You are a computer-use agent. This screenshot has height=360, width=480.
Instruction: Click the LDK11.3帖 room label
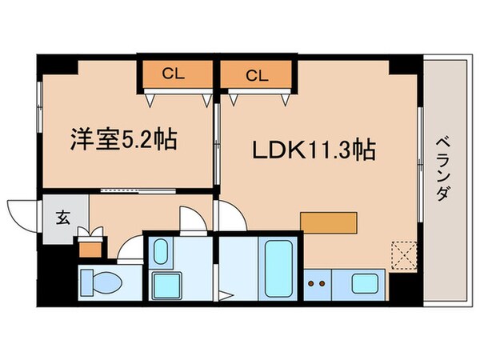[315, 150]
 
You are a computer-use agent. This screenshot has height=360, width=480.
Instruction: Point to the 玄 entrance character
[62, 216]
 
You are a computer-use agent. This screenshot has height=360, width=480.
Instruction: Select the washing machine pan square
[166, 284]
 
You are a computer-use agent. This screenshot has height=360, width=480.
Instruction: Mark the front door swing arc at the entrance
[22, 214]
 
